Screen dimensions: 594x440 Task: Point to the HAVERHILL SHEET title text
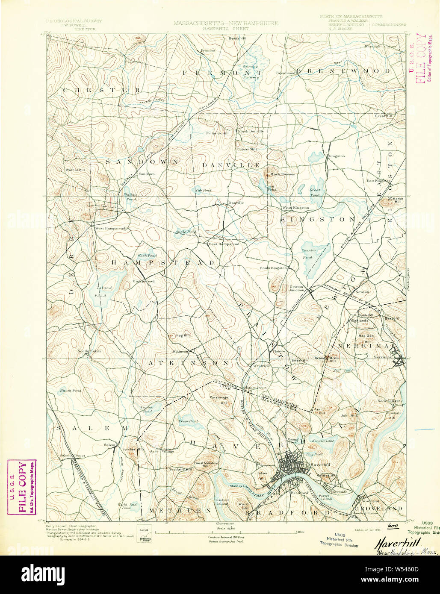pyautogui.click(x=226, y=29)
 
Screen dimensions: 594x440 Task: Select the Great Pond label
pyautogui.click(x=315, y=192)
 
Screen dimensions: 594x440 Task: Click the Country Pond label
pyautogui.click(x=309, y=254)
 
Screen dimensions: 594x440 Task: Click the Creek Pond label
pyautogui.click(x=188, y=421)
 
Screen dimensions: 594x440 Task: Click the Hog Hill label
pyautogui.click(x=183, y=335)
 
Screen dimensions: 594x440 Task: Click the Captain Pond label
pyautogui.click(x=147, y=409)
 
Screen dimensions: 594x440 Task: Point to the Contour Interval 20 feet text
pyautogui.click(x=225, y=536)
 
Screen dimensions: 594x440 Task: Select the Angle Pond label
pyautogui.click(x=185, y=232)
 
